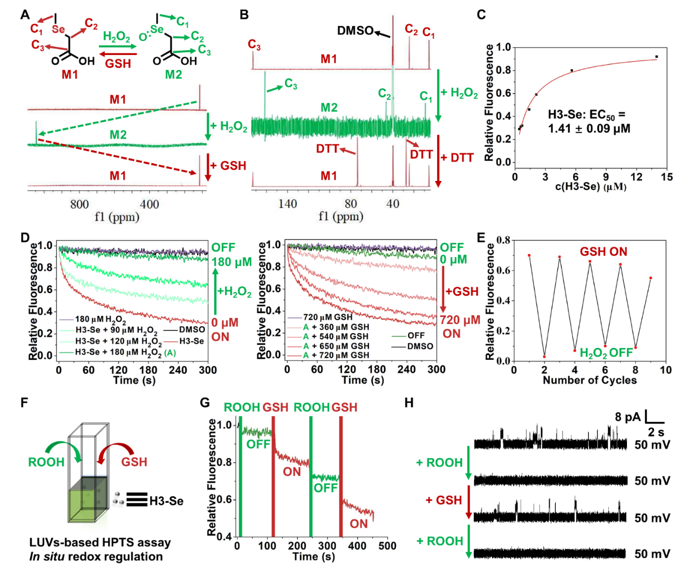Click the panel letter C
point(481,14)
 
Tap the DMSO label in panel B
point(355,31)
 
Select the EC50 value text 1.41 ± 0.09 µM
point(589,128)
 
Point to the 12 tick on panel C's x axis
point(636,177)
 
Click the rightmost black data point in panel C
point(657,57)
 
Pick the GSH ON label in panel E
point(603,252)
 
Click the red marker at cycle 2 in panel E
point(544,357)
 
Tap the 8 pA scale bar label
point(628,417)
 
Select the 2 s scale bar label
point(656,432)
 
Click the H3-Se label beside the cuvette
point(166,501)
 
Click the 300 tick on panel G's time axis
point(327,546)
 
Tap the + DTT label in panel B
point(457,158)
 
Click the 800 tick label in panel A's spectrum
point(79,204)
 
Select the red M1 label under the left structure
point(70,75)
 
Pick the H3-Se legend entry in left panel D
point(192,341)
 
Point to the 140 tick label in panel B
point(288,204)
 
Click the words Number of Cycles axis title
point(590,380)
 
